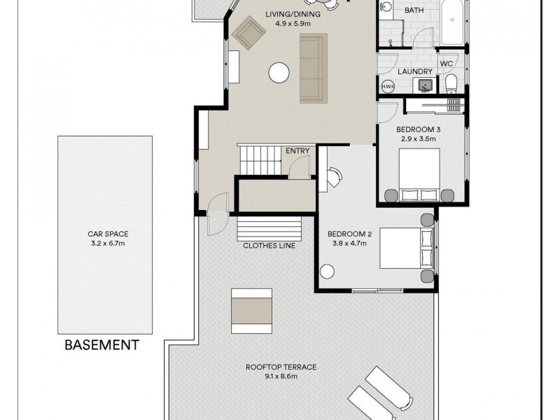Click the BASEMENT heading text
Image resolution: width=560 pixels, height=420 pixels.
tap(101, 344)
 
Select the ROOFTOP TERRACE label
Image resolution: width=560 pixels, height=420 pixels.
tap(281, 367)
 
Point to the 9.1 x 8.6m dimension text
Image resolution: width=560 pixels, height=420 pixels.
tap(281, 377)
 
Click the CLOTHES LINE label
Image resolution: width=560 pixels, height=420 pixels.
tap(269, 246)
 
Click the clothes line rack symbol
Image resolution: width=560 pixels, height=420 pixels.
tap(269, 228)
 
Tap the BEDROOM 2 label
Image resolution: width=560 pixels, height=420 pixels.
tap(349, 234)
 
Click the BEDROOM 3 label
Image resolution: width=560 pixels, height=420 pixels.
tap(418, 129)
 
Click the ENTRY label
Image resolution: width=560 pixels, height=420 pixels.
tap(297, 150)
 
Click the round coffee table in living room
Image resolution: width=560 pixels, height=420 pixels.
tap(279, 72)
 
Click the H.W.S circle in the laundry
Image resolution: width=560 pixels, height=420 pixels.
tap(387, 86)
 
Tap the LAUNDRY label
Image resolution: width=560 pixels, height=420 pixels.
tap(409, 71)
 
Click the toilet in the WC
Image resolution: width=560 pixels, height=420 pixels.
tap(451, 85)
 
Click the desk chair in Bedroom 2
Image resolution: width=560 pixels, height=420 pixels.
tap(332, 177)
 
